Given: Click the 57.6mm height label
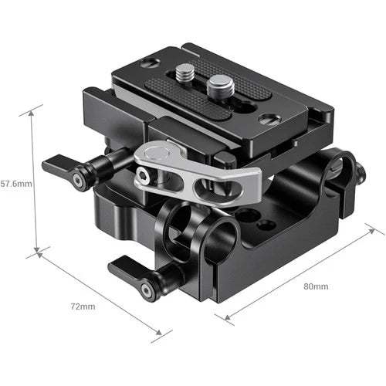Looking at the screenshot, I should [x=16, y=185].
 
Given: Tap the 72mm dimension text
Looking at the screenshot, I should [x=83, y=307].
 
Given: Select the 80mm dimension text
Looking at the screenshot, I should [x=316, y=286].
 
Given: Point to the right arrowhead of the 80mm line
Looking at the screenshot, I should [x=381, y=232].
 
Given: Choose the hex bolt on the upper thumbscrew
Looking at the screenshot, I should [x=78, y=180].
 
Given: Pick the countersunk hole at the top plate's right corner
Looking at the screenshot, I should [x=268, y=120].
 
